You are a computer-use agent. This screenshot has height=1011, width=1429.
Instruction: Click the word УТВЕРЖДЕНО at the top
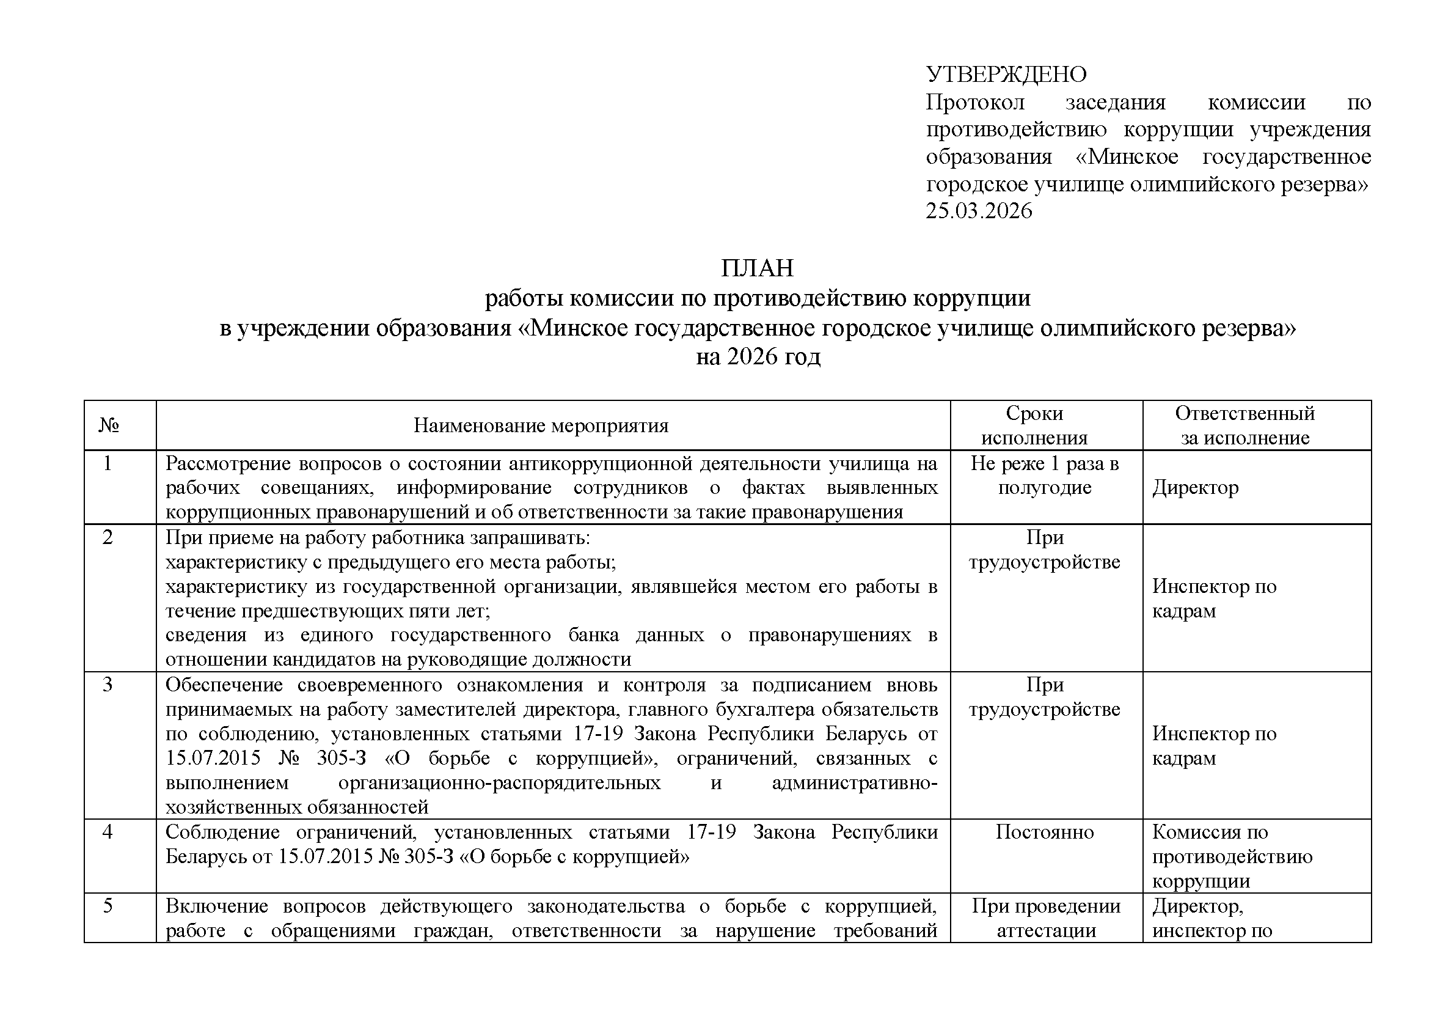pyautogui.click(x=1006, y=75)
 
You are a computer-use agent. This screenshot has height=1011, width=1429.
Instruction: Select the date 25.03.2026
pyautogui.click(x=978, y=211)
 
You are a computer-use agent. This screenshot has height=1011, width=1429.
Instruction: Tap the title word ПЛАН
pyautogui.click(x=758, y=268)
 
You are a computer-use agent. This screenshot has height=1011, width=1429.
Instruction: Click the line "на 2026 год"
pyautogui.click(x=758, y=357)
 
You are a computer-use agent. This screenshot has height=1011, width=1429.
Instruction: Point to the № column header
pyautogui.click(x=109, y=426)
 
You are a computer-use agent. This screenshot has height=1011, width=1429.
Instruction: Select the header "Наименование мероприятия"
pyautogui.click(x=541, y=426)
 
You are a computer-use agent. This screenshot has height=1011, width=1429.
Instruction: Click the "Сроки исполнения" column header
pyautogui.click(x=1034, y=426)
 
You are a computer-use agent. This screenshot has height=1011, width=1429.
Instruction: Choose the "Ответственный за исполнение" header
pyautogui.click(x=1244, y=426)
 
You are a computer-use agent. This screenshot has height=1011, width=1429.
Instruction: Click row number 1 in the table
pyautogui.click(x=108, y=464)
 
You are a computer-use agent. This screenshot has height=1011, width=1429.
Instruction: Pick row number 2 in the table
pyautogui.click(x=108, y=537)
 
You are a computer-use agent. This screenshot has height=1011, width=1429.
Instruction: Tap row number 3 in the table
pyautogui.click(x=108, y=685)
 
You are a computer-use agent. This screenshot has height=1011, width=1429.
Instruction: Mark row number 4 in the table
pyautogui.click(x=108, y=833)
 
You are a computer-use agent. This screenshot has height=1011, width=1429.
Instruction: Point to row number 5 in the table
pyautogui.click(x=108, y=906)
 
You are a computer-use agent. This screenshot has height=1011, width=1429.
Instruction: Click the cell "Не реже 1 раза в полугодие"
pyautogui.click(x=1044, y=476)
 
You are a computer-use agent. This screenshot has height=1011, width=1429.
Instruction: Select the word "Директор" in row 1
pyautogui.click(x=1195, y=487)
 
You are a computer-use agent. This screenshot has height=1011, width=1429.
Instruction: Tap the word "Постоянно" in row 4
pyautogui.click(x=1044, y=833)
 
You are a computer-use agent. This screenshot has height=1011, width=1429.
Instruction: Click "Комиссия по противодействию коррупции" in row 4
pyautogui.click(x=1232, y=856)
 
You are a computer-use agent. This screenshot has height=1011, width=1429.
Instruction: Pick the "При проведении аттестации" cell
pyautogui.click(x=1045, y=918)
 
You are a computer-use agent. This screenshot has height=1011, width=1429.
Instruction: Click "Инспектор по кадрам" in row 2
pyautogui.click(x=1214, y=598)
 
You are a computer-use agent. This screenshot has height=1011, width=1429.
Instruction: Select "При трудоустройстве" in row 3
pyautogui.click(x=1044, y=697)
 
